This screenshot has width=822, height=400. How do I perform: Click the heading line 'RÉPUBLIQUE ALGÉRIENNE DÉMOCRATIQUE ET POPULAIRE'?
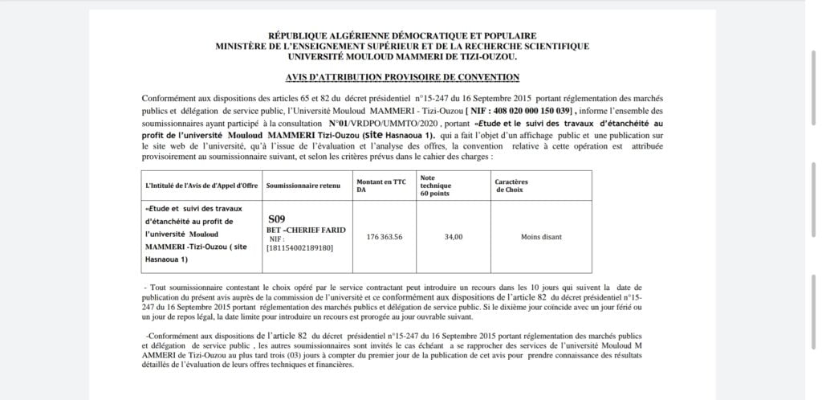402,36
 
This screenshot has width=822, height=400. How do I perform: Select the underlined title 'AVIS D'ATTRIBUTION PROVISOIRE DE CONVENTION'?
402,76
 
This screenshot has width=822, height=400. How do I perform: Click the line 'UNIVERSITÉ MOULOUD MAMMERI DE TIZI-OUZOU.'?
402,56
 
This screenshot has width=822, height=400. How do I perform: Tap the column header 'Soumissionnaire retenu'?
304,186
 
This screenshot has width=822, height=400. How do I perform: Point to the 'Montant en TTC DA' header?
380,186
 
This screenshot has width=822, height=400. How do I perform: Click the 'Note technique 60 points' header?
438,185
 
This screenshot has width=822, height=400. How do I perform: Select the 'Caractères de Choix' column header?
511,186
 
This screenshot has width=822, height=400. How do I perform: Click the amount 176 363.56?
380,237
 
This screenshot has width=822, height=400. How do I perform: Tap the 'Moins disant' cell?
541,237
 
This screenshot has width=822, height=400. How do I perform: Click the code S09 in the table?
275,218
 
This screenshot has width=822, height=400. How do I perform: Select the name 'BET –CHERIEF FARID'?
306,230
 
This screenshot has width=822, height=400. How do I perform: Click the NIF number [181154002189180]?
299,247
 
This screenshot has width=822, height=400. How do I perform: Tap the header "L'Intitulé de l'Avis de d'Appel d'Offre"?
201,186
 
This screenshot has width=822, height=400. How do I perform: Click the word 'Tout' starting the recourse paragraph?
157,287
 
